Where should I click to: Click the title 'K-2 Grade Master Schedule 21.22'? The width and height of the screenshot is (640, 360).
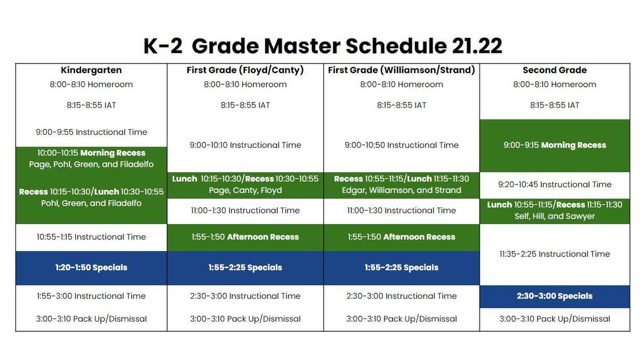[323, 46]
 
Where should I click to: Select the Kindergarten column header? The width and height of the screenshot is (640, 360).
[91, 70]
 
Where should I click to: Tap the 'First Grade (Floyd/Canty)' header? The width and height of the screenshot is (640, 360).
[245, 70]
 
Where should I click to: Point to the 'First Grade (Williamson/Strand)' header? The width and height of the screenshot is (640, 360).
[402, 70]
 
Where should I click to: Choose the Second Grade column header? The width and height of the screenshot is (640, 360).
[555, 70]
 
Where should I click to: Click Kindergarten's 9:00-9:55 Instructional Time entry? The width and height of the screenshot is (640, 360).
[91, 132]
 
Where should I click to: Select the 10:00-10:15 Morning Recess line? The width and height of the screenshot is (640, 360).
[91, 153]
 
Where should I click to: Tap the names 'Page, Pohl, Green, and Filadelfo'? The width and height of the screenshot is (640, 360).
[91, 164]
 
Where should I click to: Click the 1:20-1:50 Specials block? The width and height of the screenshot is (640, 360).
[91, 268]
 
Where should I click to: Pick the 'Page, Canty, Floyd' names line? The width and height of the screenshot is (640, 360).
[245, 190]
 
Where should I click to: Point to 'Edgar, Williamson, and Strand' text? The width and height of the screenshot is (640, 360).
[402, 190]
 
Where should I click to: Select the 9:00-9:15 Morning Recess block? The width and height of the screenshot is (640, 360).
[555, 146]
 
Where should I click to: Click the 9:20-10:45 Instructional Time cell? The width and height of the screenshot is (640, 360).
[555, 185]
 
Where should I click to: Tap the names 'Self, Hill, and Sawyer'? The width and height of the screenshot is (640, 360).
[555, 217]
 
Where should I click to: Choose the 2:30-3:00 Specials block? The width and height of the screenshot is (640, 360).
[555, 297]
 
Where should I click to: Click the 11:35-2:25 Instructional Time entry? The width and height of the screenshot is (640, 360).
[555, 254]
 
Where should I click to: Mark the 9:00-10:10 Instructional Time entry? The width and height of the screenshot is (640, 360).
[245, 145]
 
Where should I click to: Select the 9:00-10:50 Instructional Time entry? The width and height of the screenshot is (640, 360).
[402, 145]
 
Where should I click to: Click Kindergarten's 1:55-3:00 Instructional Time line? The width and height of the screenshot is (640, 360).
[91, 296]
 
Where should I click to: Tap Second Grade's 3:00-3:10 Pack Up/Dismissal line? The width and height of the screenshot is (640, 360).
[555, 319]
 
